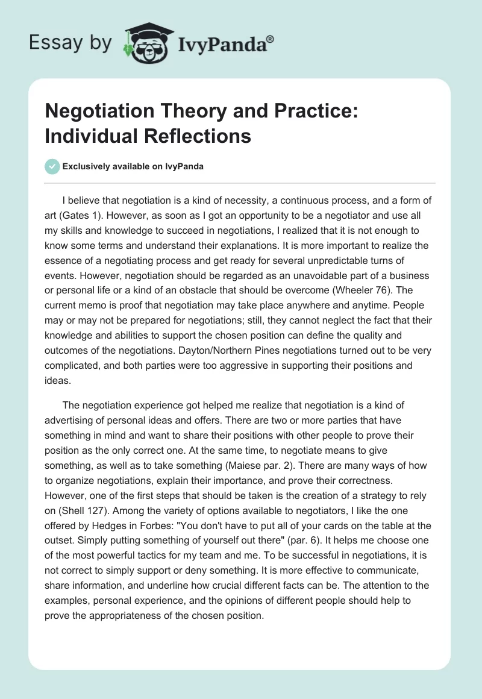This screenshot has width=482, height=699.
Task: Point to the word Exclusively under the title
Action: pos(86,166)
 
